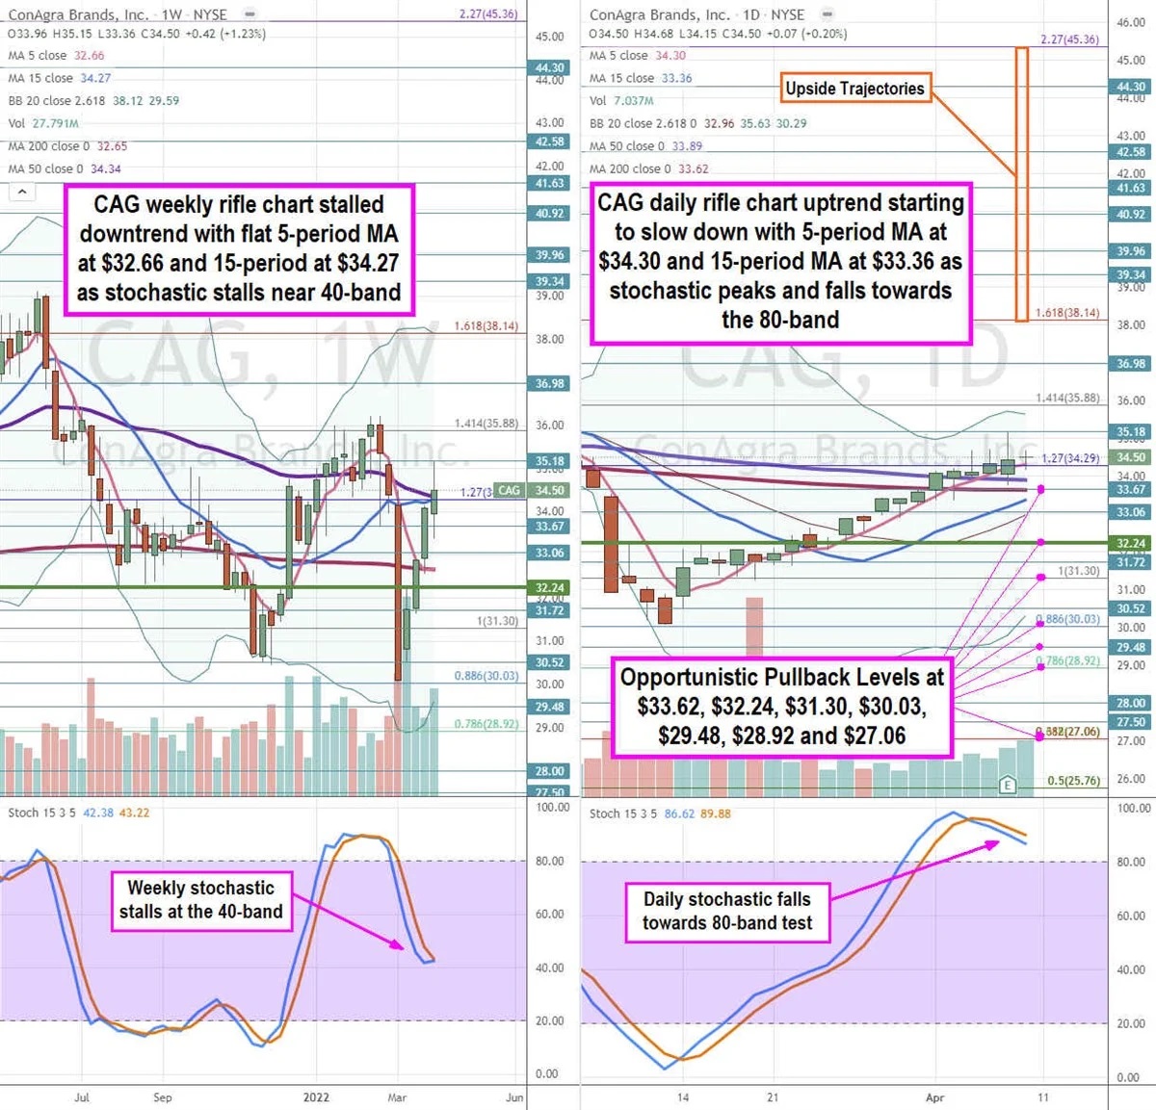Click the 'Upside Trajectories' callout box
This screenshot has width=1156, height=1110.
click(854, 89)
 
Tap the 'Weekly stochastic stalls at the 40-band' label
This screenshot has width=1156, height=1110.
click(200, 900)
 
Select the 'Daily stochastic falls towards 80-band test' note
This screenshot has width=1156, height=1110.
click(727, 911)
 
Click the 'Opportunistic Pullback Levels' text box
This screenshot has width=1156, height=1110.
click(781, 707)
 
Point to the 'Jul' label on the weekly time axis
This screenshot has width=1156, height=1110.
click(82, 1097)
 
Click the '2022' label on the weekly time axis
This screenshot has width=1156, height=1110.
click(316, 1097)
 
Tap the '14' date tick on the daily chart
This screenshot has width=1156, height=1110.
click(683, 1097)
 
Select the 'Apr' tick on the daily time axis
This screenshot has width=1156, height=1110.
click(934, 1097)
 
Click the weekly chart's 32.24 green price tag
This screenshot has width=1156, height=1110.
click(550, 587)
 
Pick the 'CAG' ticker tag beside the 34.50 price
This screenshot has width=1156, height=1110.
click(509, 490)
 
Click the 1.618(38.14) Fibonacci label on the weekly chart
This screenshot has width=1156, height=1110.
click(486, 326)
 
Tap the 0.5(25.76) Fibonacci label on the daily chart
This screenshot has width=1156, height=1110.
click(1073, 781)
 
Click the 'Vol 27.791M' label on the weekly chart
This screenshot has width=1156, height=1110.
click(42, 123)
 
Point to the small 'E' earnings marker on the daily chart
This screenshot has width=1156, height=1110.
click(1008, 784)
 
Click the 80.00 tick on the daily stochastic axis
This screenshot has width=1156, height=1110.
click(1130, 862)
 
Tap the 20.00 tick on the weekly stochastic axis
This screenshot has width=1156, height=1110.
click(549, 1020)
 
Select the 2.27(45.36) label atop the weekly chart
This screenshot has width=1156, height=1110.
click(488, 14)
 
